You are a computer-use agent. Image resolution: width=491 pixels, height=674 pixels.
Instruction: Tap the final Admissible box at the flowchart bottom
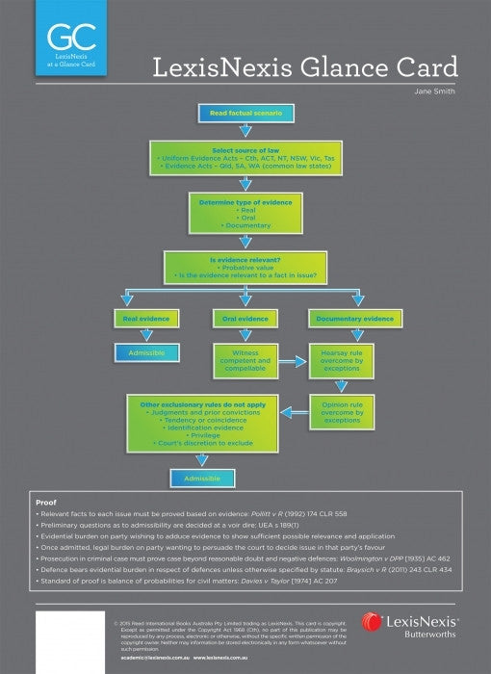tap(202, 478)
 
